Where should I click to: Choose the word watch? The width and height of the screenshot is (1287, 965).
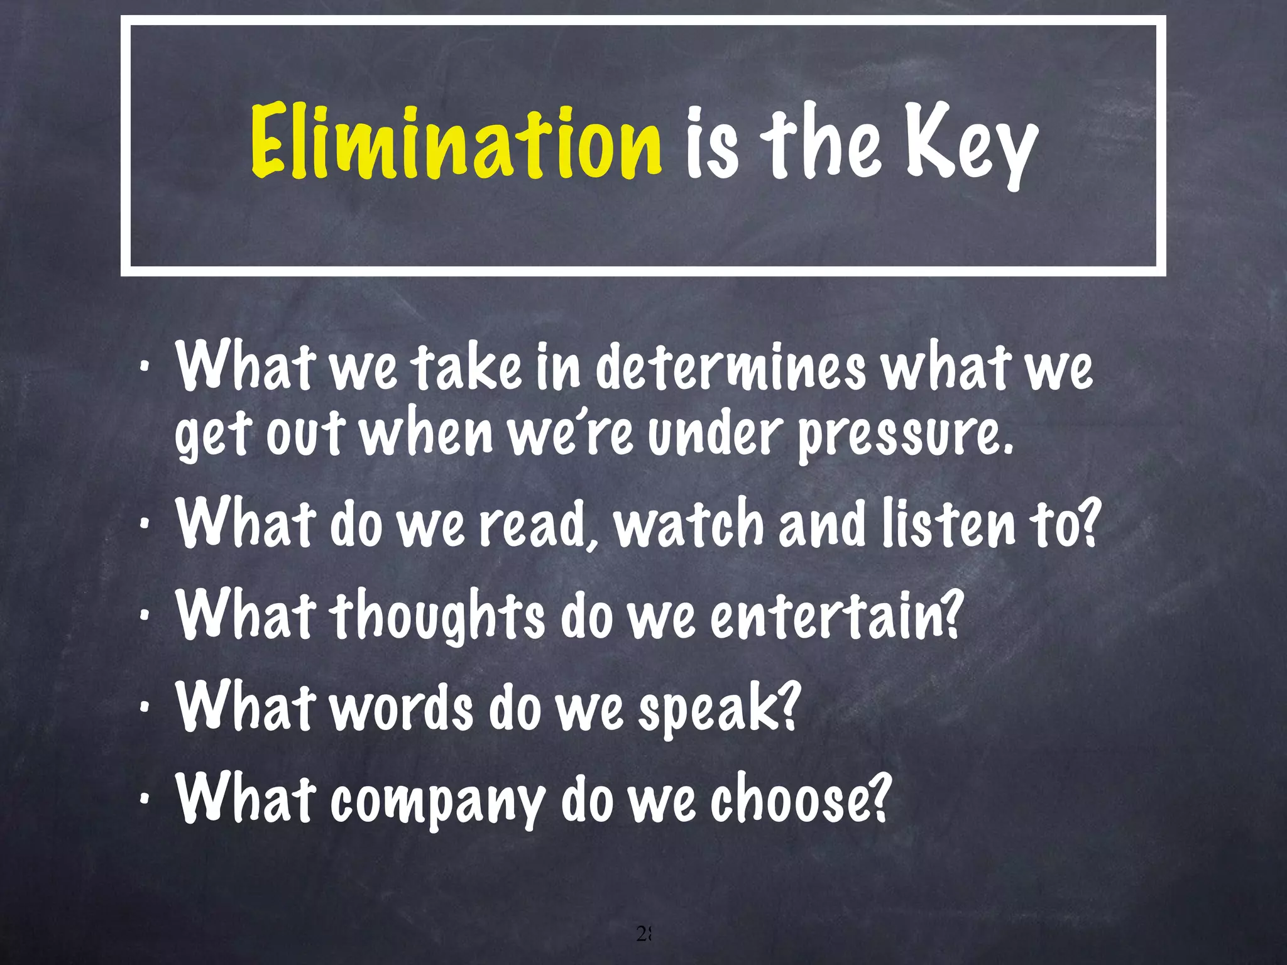(689, 524)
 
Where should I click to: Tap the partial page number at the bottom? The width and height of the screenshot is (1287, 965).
(644, 934)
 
